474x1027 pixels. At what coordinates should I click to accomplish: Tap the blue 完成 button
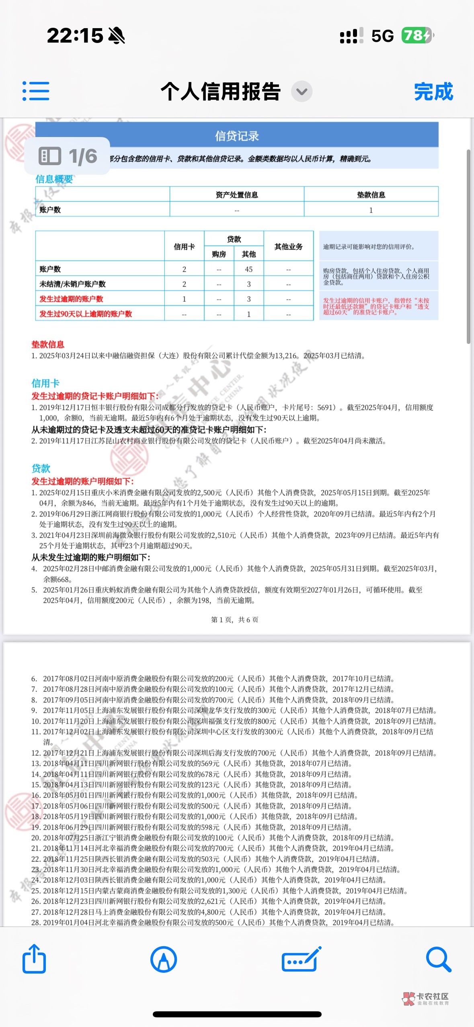pyautogui.click(x=433, y=92)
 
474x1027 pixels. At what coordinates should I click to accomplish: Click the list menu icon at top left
pyautogui.click(x=36, y=91)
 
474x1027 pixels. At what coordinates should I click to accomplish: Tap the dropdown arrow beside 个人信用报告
pyautogui.click(x=302, y=92)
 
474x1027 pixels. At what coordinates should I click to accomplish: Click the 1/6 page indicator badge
pyautogui.click(x=68, y=156)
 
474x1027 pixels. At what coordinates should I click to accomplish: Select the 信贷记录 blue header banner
pyautogui.click(x=237, y=136)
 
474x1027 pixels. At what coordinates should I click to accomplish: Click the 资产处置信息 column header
pyautogui.click(x=237, y=195)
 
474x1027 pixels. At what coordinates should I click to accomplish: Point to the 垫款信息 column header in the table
pyautogui.click(x=371, y=195)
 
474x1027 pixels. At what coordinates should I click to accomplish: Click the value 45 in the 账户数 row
pyautogui.click(x=248, y=269)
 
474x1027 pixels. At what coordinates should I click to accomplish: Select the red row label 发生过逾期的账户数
pyautogui.click(x=71, y=299)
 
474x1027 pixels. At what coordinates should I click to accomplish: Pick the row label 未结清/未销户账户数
pyautogui.click(x=72, y=284)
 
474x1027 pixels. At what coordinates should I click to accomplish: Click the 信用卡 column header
pyautogui.click(x=184, y=247)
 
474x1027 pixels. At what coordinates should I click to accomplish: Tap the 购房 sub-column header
pyautogui.click(x=219, y=254)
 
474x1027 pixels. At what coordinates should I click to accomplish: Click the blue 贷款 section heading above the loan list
pyautogui.click(x=41, y=468)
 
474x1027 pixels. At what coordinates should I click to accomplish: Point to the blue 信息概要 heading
pyautogui.click(x=54, y=179)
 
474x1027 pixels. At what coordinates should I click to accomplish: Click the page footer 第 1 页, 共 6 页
pyautogui.click(x=235, y=620)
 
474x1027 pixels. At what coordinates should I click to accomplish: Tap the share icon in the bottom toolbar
pyautogui.click(x=34, y=959)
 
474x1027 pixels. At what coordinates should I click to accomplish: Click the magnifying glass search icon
pyautogui.click(x=438, y=959)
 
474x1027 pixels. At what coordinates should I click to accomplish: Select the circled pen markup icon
pyautogui.click(x=164, y=959)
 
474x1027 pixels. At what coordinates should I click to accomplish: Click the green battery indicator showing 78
pyautogui.click(x=417, y=36)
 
